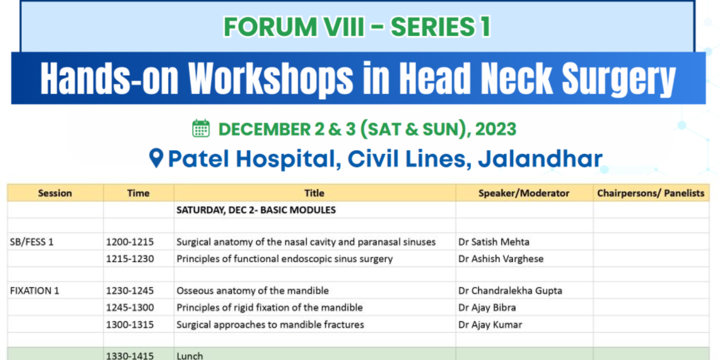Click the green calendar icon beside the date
pos(201,129)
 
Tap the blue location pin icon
pos(156,158)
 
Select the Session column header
pos(55,193)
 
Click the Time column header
pos(138,193)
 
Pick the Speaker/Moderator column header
pos(524,193)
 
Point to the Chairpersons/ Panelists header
pos(651,193)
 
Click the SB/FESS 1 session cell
pos(32,242)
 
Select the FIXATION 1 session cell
pos(34,291)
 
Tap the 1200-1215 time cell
pos(130,242)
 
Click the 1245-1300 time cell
pos(130,308)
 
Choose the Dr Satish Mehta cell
pos(494,242)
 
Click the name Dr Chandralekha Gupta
pos(510,291)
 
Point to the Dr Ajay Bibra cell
pos(487,308)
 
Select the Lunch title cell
pos(190,355)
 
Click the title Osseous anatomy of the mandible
pos(253,291)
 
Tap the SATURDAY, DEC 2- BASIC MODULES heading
pos(256,210)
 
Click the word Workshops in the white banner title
pos(271,79)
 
